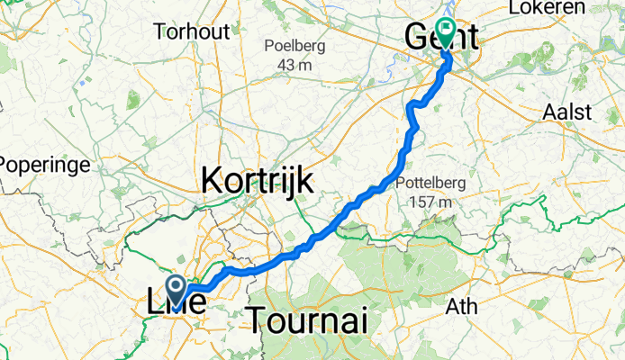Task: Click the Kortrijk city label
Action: coord(258,180)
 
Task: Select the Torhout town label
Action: coord(192,31)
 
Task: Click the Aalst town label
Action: coord(568,112)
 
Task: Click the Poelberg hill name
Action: coord(295,46)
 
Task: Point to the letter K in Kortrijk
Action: coord(212,180)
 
